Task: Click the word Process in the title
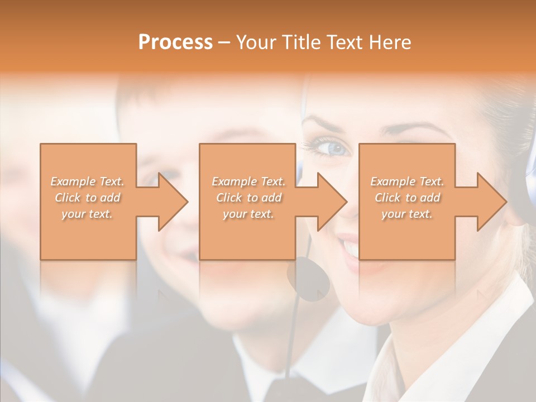tap(175, 42)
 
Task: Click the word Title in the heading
tap(298, 42)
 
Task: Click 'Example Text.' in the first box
tap(88, 181)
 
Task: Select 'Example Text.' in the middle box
tap(248, 181)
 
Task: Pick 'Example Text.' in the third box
tap(407, 181)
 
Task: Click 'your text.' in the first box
tap(88, 214)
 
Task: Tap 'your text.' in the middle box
tap(248, 214)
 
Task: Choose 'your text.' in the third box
tap(407, 214)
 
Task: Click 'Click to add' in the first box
tap(88, 198)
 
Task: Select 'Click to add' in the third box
tap(407, 198)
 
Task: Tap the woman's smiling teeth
tap(351, 246)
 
